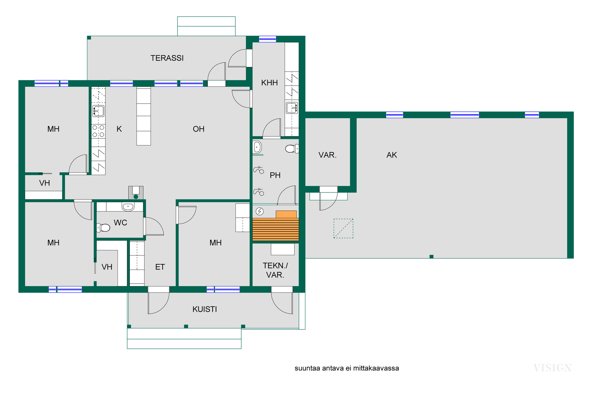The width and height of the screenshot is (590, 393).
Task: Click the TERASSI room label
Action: [167, 58]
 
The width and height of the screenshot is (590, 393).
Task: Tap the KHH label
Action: [269, 83]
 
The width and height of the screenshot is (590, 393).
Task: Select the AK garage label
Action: [392, 155]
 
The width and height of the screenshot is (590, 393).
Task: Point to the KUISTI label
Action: [205, 309]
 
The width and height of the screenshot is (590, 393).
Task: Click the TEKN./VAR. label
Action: [275, 270]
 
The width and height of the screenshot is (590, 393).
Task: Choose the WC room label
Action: [120, 223]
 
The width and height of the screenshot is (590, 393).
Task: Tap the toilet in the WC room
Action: [103, 228]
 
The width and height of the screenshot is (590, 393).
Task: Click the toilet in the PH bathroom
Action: [292, 149]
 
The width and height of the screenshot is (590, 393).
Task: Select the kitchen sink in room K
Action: [98, 111]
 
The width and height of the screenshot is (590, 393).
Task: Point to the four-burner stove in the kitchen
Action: [98, 131]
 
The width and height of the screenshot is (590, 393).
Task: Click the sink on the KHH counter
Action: [292, 108]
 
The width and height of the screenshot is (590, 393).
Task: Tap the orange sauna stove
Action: [286, 214]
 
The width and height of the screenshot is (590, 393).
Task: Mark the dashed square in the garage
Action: [344, 228]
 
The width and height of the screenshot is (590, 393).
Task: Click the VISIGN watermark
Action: [552, 368]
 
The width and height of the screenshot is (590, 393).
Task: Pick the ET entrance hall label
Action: [160, 267]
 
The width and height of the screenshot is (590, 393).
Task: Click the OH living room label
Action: [199, 129]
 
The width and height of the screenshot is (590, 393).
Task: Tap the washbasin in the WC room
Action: [128, 207]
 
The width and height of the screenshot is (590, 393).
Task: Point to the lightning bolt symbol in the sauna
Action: [260, 211]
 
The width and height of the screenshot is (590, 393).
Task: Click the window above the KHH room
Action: [267, 39]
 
